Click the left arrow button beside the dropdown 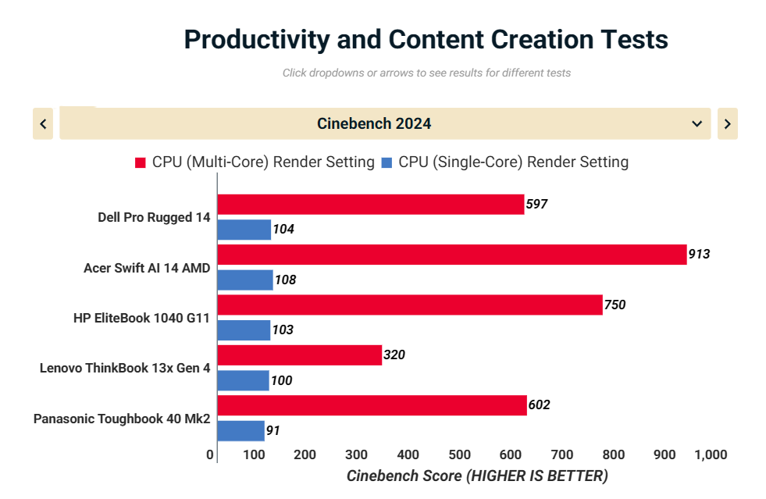pos(43,123)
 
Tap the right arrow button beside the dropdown pos(728,123)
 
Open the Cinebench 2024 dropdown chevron pos(697,123)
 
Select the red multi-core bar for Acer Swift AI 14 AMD pos(452,255)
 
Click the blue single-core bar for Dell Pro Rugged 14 pos(244,230)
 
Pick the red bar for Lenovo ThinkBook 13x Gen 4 pos(300,355)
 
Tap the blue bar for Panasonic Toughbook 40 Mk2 pos(240,431)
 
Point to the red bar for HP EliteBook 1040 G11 pos(410,305)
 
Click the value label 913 pos(699,254)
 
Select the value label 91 pos(273,430)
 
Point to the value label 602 pos(539,405)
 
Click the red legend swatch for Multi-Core pos(141,162)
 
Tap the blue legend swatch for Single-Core pos(387,162)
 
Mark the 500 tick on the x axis pos(459,455)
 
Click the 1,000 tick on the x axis pos(711,455)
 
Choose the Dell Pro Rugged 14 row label pos(154,218)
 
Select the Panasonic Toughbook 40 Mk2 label pos(122,419)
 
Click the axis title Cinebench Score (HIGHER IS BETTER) pos(477,476)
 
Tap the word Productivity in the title pos(257,40)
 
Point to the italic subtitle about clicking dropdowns pos(426,73)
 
